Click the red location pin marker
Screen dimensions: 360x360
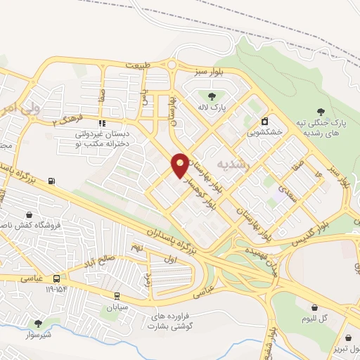181,165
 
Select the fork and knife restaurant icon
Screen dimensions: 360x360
102,123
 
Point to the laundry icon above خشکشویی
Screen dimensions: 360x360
265,120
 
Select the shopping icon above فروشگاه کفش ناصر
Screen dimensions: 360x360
28,215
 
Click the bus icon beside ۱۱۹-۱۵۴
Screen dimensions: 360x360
56,278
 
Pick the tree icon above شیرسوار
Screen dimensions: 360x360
38,323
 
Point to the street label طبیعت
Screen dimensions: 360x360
139,65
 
